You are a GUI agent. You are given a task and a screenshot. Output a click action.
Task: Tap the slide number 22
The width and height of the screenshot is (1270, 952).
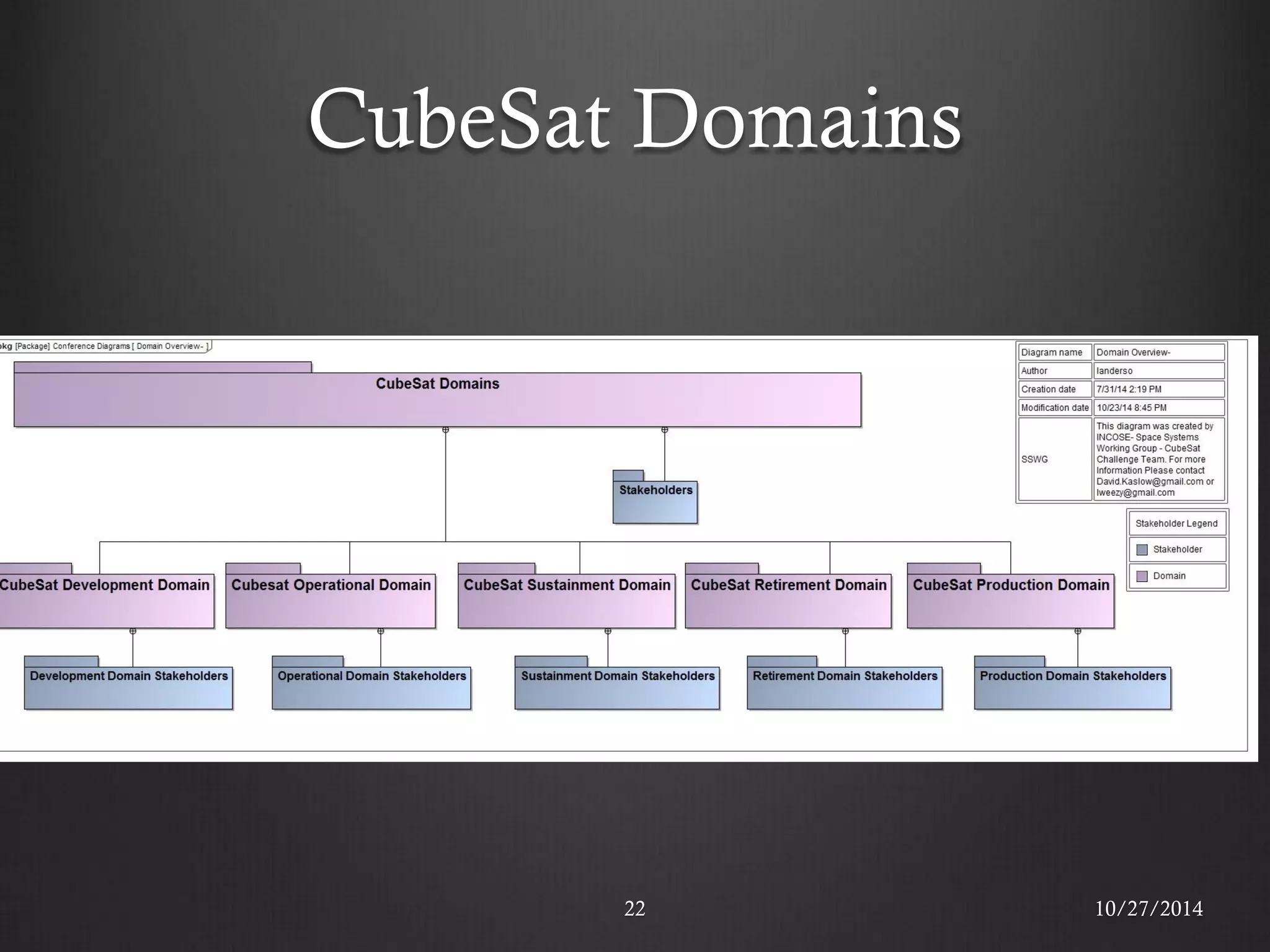click(634, 909)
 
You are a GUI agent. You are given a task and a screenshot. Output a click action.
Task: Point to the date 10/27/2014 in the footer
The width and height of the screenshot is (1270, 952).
click(1148, 909)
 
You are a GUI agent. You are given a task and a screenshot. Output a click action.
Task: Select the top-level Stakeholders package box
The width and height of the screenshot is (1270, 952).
click(655, 501)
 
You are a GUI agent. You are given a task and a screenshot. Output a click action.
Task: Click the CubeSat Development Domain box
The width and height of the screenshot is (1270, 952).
click(105, 601)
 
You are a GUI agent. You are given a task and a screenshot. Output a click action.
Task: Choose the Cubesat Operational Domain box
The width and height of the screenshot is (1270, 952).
click(331, 601)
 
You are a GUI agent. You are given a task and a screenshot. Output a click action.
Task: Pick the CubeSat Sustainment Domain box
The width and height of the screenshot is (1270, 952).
click(566, 601)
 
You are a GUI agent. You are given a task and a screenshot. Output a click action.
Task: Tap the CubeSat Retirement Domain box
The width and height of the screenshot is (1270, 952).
click(788, 601)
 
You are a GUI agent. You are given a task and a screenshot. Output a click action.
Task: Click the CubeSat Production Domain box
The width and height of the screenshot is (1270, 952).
click(1011, 601)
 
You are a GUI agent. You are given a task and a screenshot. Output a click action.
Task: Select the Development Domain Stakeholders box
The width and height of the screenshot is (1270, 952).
click(128, 687)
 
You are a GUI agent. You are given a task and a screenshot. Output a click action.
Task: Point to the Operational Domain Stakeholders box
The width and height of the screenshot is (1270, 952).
click(371, 687)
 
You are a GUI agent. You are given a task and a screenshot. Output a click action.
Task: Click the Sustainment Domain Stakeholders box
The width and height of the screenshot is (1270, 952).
click(617, 687)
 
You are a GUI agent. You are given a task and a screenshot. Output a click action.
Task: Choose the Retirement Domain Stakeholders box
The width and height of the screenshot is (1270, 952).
click(845, 687)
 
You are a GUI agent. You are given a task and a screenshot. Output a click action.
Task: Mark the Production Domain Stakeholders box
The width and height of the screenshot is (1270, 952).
click(1073, 687)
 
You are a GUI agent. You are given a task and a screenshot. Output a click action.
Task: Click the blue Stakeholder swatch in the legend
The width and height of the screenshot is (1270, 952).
click(1142, 550)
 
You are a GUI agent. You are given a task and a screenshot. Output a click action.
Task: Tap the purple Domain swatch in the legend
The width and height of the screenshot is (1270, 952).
click(1142, 576)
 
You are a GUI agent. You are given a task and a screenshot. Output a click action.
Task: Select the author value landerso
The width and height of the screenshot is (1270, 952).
click(1114, 371)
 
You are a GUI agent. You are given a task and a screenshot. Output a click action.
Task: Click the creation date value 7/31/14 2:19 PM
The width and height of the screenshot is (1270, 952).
click(1129, 389)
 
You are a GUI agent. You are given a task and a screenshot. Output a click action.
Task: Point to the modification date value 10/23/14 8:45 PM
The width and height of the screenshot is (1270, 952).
click(1131, 408)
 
